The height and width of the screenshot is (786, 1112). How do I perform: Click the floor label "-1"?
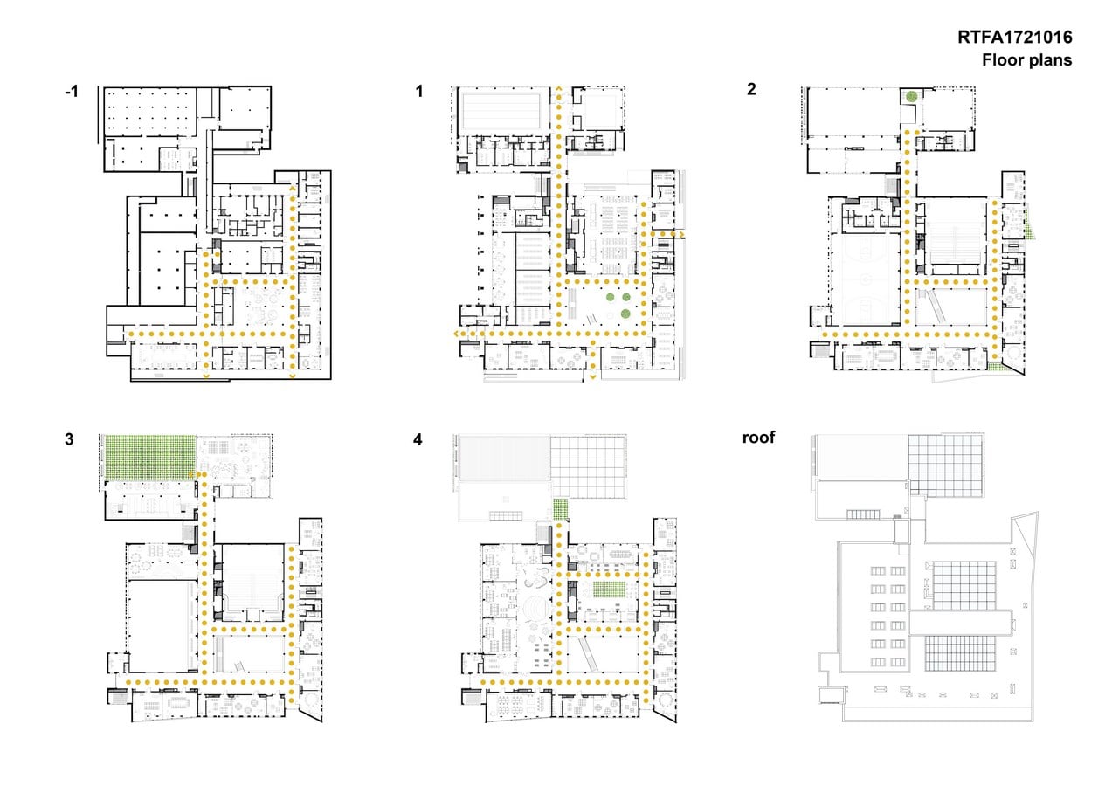click(x=72, y=92)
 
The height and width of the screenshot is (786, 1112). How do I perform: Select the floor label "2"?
click(x=751, y=89)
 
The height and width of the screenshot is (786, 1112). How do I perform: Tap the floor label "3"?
click(x=70, y=439)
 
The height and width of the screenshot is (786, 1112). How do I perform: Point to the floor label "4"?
click(x=418, y=439)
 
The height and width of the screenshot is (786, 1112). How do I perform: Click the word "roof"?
click(x=758, y=438)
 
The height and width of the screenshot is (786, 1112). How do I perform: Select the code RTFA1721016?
click(x=1015, y=38)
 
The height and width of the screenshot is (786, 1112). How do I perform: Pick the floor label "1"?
click(x=419, y=92)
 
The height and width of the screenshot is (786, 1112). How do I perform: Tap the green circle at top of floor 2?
click(x=911, y=96)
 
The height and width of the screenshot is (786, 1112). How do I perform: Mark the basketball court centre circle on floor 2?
click(x=867, y=279)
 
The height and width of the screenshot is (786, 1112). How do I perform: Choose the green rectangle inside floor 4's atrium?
click(x=608, y=590)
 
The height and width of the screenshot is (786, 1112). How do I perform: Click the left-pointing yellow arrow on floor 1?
click(x=457, y=334)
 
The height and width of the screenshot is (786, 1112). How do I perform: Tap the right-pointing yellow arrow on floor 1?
click(x=681, y=234)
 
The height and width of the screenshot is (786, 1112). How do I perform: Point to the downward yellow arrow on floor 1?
click(x=592, y=377)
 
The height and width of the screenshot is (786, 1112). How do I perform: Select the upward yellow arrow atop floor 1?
click(x=559, y=89)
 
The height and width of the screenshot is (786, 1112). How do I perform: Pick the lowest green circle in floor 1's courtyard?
click(x=625, y=314)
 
